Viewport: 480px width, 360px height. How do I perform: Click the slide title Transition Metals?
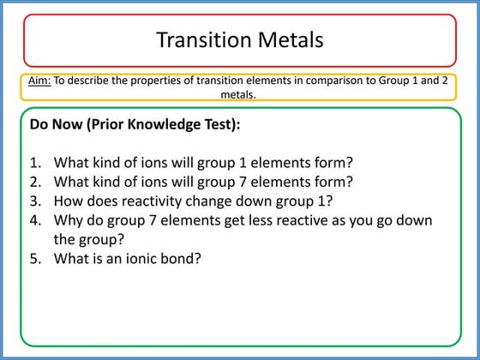[240, 39]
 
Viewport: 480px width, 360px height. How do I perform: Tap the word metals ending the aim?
[239, 94]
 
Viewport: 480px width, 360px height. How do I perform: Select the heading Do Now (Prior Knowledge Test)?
[135, 125]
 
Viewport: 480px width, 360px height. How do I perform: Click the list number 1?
[35, 163]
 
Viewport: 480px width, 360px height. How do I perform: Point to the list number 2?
[35, 182]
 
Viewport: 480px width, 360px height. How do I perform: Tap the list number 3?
[35, 201]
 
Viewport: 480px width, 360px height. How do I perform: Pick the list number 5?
[35, 257]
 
